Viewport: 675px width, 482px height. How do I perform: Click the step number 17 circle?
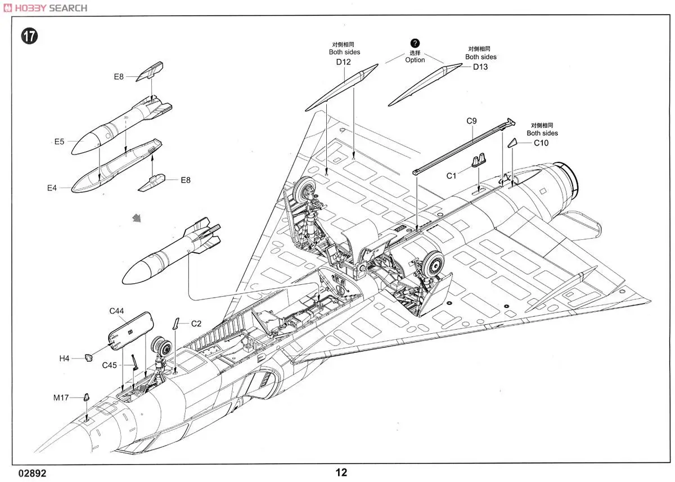point(29,37)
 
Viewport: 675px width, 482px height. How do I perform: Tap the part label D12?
point(344,62)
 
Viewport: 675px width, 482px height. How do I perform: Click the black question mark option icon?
point(415,43)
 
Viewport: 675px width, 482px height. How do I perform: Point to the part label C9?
point(471,120)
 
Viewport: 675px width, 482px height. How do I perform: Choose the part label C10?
point(541,143)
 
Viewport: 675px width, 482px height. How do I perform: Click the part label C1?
point(452,176)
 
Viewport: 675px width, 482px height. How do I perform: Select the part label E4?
point(52,188)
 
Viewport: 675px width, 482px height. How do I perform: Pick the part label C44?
point(117,311)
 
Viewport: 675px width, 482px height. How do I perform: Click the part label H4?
point(64,358)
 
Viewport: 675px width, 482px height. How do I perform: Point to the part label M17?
point(61,398)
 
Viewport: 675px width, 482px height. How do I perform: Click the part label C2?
point(196,324)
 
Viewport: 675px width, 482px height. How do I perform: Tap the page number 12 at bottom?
point(341,472)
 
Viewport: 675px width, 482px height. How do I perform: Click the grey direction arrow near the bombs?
point(135,217)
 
